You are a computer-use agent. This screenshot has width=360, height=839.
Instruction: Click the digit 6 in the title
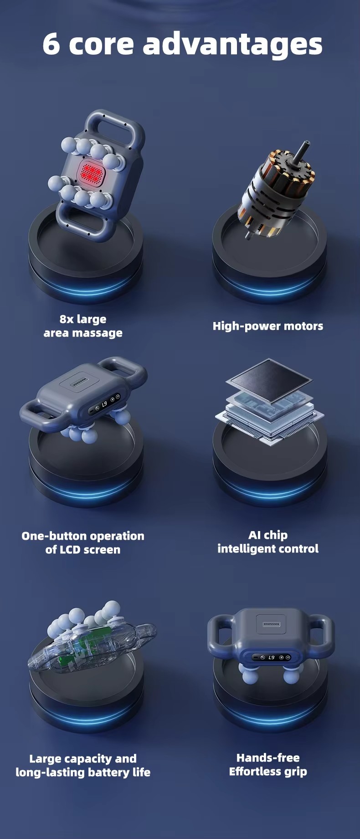[51, 44]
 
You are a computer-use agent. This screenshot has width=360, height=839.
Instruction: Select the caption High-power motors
[268, 326]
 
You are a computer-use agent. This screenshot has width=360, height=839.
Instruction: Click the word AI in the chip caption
[255, 535]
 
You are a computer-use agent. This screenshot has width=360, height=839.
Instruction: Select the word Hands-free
[268, 758]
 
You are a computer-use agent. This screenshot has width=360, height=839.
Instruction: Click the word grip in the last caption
[297, 772]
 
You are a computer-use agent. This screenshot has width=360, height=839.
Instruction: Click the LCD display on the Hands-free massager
[272, 657]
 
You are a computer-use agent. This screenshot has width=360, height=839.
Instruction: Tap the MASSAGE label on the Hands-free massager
[272, 624]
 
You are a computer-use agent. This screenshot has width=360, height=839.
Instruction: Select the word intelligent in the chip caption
[242, 549]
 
